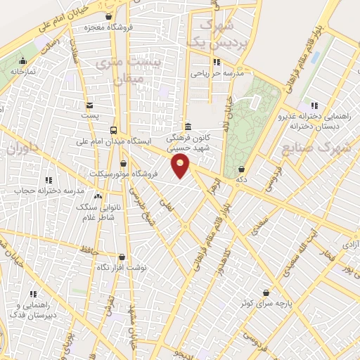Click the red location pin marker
coord(181,166)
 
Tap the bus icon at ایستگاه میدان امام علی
coord(114,130)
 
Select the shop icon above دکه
coord(243,169)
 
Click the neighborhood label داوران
coord(22,149)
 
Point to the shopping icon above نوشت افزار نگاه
coord(122,257)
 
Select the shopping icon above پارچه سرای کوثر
coord(266,292)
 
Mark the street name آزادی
coord(349,243)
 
